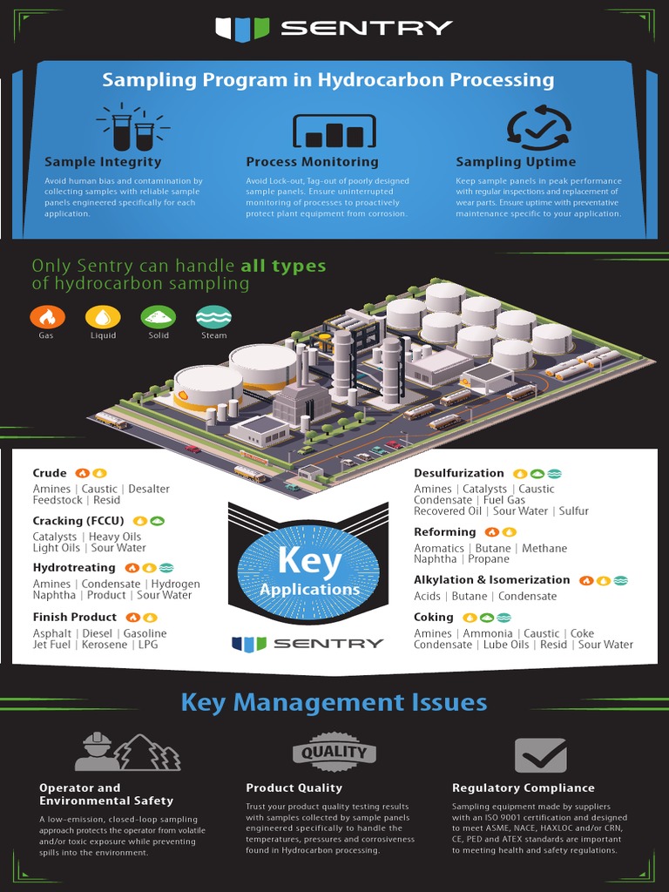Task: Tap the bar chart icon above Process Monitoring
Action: click(334, 132)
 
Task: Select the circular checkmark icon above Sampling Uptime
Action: click(539, 128)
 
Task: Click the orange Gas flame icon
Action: click(46, 317)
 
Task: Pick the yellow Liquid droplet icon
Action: click(103, 317)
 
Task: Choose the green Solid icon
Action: click(159, 317)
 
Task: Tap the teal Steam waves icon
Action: click(213, 317)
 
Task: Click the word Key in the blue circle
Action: click(308, 561)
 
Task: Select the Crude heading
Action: click(50, 473)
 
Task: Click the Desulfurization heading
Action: click(458, 473)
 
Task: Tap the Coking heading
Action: click(433, 617)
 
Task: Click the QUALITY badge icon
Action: click(334, 752)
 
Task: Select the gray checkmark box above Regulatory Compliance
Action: click(540, 755)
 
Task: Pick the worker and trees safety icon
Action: click(127, 752)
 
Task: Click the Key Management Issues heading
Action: click(334, 702)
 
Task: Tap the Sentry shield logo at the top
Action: click(243, 29)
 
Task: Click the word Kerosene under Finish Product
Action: click(107, 645)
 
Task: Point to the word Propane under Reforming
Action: click(488, 559)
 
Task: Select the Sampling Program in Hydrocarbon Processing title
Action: click(328, 80)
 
